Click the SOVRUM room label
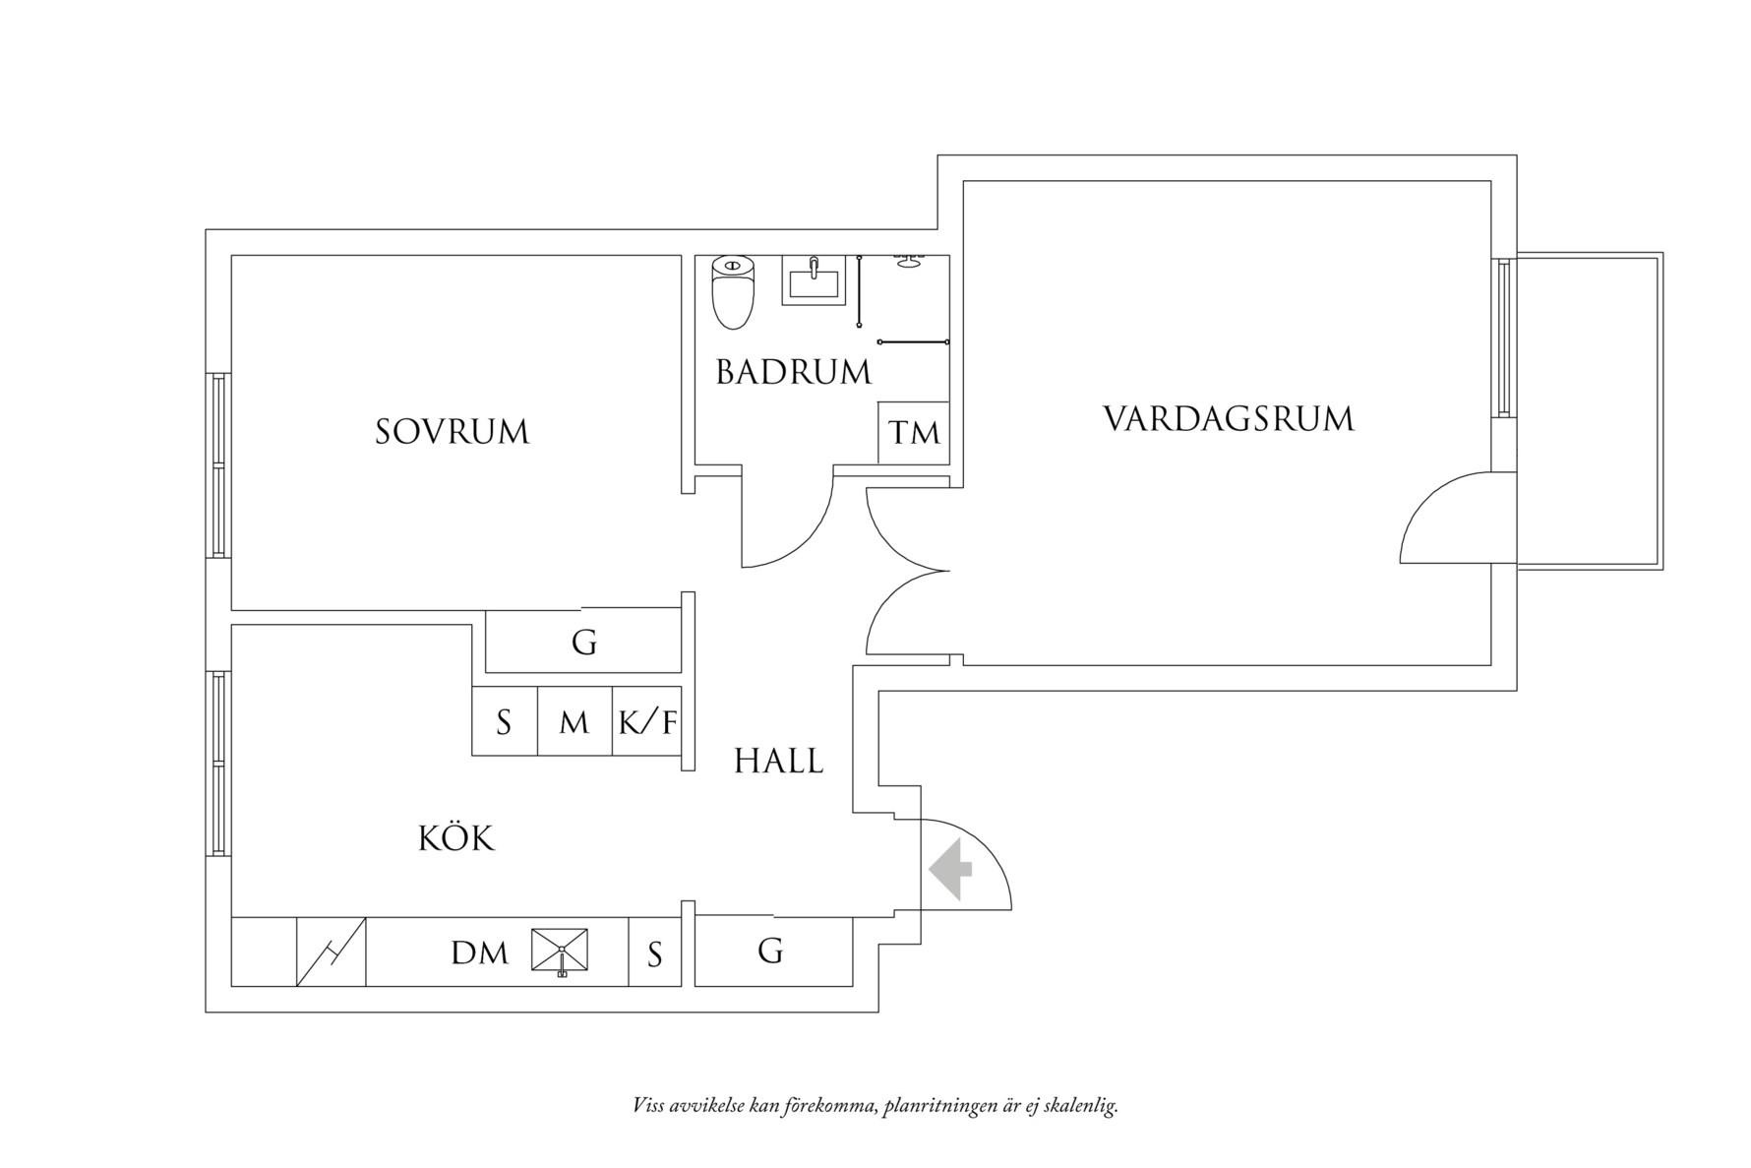click(x=453, y=432)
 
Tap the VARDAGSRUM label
click(x=1229, y=419)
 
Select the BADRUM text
click(x=793, y=373)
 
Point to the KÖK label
click(x=456, y=838)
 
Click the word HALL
click(x=779, y=761)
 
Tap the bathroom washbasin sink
click(x=814, y=280)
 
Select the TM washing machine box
click(x=914, y=432)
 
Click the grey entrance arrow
click(x=950, y=869)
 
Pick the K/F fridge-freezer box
click(x=647, y=722)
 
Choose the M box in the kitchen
click(x=574, y=722)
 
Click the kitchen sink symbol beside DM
click(x=561, y=951)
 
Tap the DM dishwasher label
click(x=479, y=953)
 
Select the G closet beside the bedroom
click(x=584, y=643)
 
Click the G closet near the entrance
click(x=771, y=951)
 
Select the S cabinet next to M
click(x=504, y=722)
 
